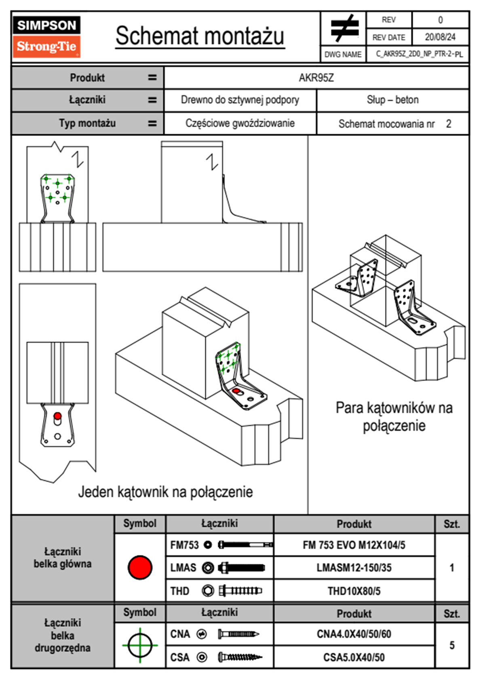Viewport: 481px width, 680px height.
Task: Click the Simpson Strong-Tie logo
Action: point(46,37)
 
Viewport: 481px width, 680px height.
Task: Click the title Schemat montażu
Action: point(200,36)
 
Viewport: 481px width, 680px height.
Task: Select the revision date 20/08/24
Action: point(440,37)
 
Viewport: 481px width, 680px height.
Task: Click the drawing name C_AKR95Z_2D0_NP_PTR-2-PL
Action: point(420,54)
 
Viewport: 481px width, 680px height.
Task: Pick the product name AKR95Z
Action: point(316,78)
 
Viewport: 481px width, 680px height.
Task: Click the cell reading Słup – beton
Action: point(393,99)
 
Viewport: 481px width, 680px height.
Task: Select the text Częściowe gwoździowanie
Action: point(240,123)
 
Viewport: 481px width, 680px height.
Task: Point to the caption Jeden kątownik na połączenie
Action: point(165,492)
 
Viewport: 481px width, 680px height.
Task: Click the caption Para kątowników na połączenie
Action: point(394,416)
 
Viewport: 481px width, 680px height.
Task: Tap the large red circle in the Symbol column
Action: point(140,567)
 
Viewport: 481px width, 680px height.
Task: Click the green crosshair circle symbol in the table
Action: point(140,645)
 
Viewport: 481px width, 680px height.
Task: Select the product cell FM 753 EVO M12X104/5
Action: point(354,545)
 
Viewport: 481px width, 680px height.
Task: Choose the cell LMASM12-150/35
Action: point(354,567)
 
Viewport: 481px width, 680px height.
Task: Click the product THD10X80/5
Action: point(354,591)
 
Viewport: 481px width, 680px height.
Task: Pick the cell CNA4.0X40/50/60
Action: point(354,634)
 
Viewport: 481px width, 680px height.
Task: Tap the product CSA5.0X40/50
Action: point(354,657)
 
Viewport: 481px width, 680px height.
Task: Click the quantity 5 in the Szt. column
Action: point(452,645)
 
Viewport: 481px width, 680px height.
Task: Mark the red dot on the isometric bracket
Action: point(236,391)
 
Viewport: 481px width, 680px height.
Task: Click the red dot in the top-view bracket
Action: point(57,416)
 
